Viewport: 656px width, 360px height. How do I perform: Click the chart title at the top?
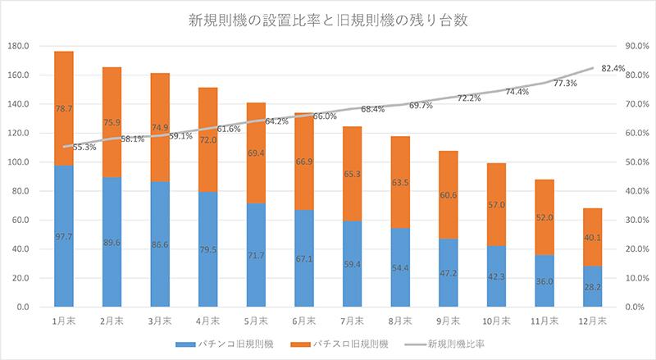tap(328, 21)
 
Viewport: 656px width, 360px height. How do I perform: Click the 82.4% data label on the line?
tap(613, 68)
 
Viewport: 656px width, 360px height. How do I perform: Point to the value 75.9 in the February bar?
tap(112, 124)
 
